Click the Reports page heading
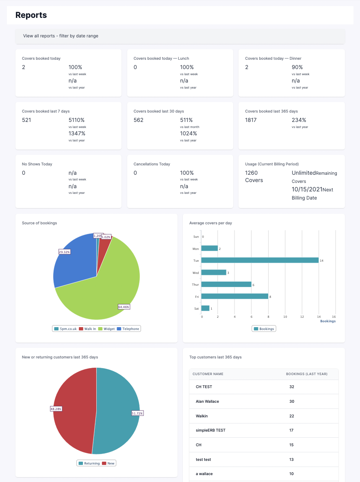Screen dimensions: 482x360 [x=31, y=15]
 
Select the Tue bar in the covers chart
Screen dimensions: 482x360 [x=260, y=260]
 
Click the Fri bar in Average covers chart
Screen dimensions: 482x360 [x=235, y=296]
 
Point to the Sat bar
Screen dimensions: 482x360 [x=206, y=308]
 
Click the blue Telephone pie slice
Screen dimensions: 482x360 [x=75, y=260]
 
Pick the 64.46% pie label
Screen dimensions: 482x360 [x=124, y=307]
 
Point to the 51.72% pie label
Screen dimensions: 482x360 [x=137, y=413]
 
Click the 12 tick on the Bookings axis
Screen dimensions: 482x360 [x=302, y=316]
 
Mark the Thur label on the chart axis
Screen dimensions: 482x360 [x=195, y=284]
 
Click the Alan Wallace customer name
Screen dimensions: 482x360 [x=207, y=402]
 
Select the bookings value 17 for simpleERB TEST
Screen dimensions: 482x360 [x=291, y=430]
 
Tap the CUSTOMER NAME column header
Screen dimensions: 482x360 [x=208, y=374]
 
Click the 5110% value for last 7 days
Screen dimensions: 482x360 [x=77, y=120]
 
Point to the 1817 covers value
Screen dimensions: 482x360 [x=251, y=120]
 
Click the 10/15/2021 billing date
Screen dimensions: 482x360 [x=307, y=189]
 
